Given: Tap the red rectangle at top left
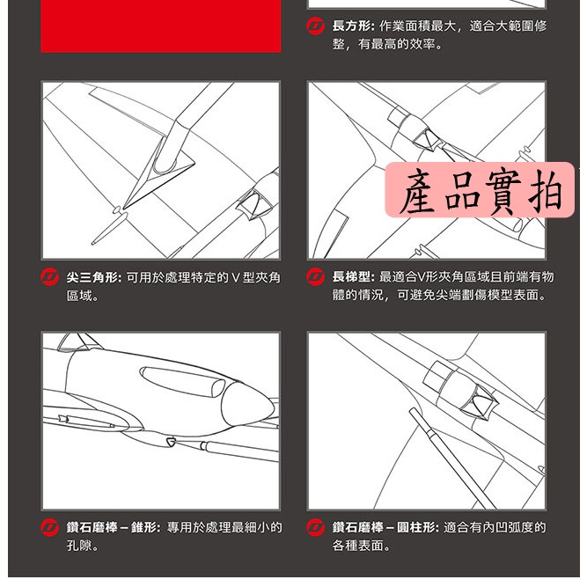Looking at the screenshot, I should [161, 26].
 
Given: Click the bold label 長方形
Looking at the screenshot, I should [354, 26].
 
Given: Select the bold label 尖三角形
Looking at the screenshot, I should [93, 277].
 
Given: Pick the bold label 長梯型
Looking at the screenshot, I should [354, 277].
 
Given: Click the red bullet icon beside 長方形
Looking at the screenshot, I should [316, 26].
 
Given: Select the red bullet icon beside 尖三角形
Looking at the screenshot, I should [51, 277].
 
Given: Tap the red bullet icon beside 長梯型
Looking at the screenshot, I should [316, 277].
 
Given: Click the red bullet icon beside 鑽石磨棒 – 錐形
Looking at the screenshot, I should [51, 528].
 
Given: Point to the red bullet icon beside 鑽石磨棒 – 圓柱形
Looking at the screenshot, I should [316, 528].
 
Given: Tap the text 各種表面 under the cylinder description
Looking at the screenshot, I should [362, 547].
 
